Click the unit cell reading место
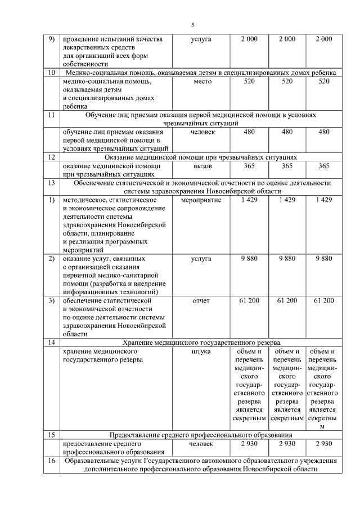[x=201, y=82]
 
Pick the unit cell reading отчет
[x=201, y=301]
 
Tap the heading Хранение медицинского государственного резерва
[x=201, y=343]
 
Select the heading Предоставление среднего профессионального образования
[x=201, y=435]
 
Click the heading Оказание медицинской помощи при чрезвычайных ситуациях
[x=201, y=157]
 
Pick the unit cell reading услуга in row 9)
[x=201, y=39]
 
